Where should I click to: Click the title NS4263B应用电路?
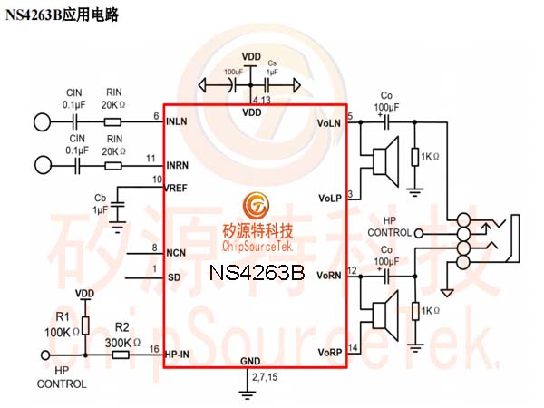pyautogui.click(x=63, y=15)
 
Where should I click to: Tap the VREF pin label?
pyautogui.click(x=178, y=189)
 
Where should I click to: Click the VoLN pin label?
pyautogui.click(x=329, y=122)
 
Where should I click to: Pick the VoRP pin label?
pyautogui.click(x=329, y=351)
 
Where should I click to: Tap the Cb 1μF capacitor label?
pyautogui.click(x=100, y=204)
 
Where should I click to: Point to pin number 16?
pyautogui.click(x=154, y=349)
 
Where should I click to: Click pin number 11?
pyautogui.click(x=150, y=160)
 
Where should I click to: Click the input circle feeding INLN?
pyautogui.click(x=42, y=121)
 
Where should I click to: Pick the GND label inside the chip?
pyautogui.click(x=251, y=361)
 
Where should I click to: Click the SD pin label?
pyautogui.click(x=174, y=277)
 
